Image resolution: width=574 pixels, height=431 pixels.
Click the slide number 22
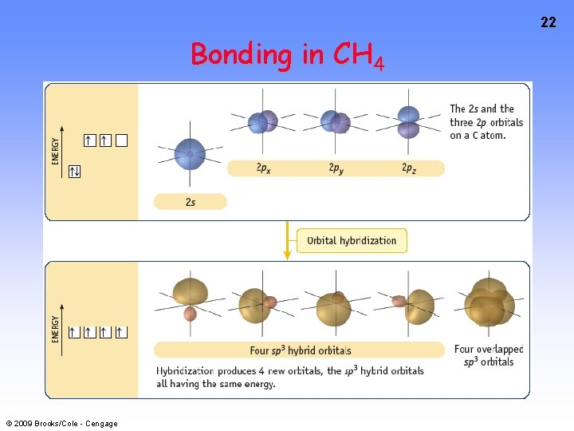pyautogui.click(x=548, y=22)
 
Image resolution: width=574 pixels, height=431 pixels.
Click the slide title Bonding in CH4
pyautogui.click(x=287, y=55)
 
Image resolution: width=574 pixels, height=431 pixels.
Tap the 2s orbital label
pyautogui.click(x=190, y=202)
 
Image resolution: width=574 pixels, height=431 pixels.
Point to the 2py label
pyautogui.click(x=336, y=168)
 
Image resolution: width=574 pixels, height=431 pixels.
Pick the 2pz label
pyautogui.click(x=408, y=168)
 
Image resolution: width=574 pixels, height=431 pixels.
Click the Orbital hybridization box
pyautogui.click(x=352, y=240)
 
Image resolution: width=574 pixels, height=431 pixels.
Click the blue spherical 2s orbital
pyautogui.click(x=190, y=152)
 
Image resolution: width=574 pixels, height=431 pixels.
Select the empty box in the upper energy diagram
pyautogui.click(x=121, y=141)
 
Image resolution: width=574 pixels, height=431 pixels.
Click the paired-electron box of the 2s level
pyautogui.click(x=75, y=171)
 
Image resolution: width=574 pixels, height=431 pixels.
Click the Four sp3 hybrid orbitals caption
pyautogui.click(x=300, y=350)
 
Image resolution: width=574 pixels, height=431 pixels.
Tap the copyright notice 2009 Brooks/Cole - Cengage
pyautogui.click(x=61, y=423)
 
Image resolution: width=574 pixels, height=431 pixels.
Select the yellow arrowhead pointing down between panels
pyautogui.click(x=287, y=253)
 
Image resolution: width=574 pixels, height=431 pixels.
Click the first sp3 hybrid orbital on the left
pyautogui.click(x=190, y=295)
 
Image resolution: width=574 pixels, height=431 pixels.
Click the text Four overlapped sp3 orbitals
pyautogui.click(x=489, y=355)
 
